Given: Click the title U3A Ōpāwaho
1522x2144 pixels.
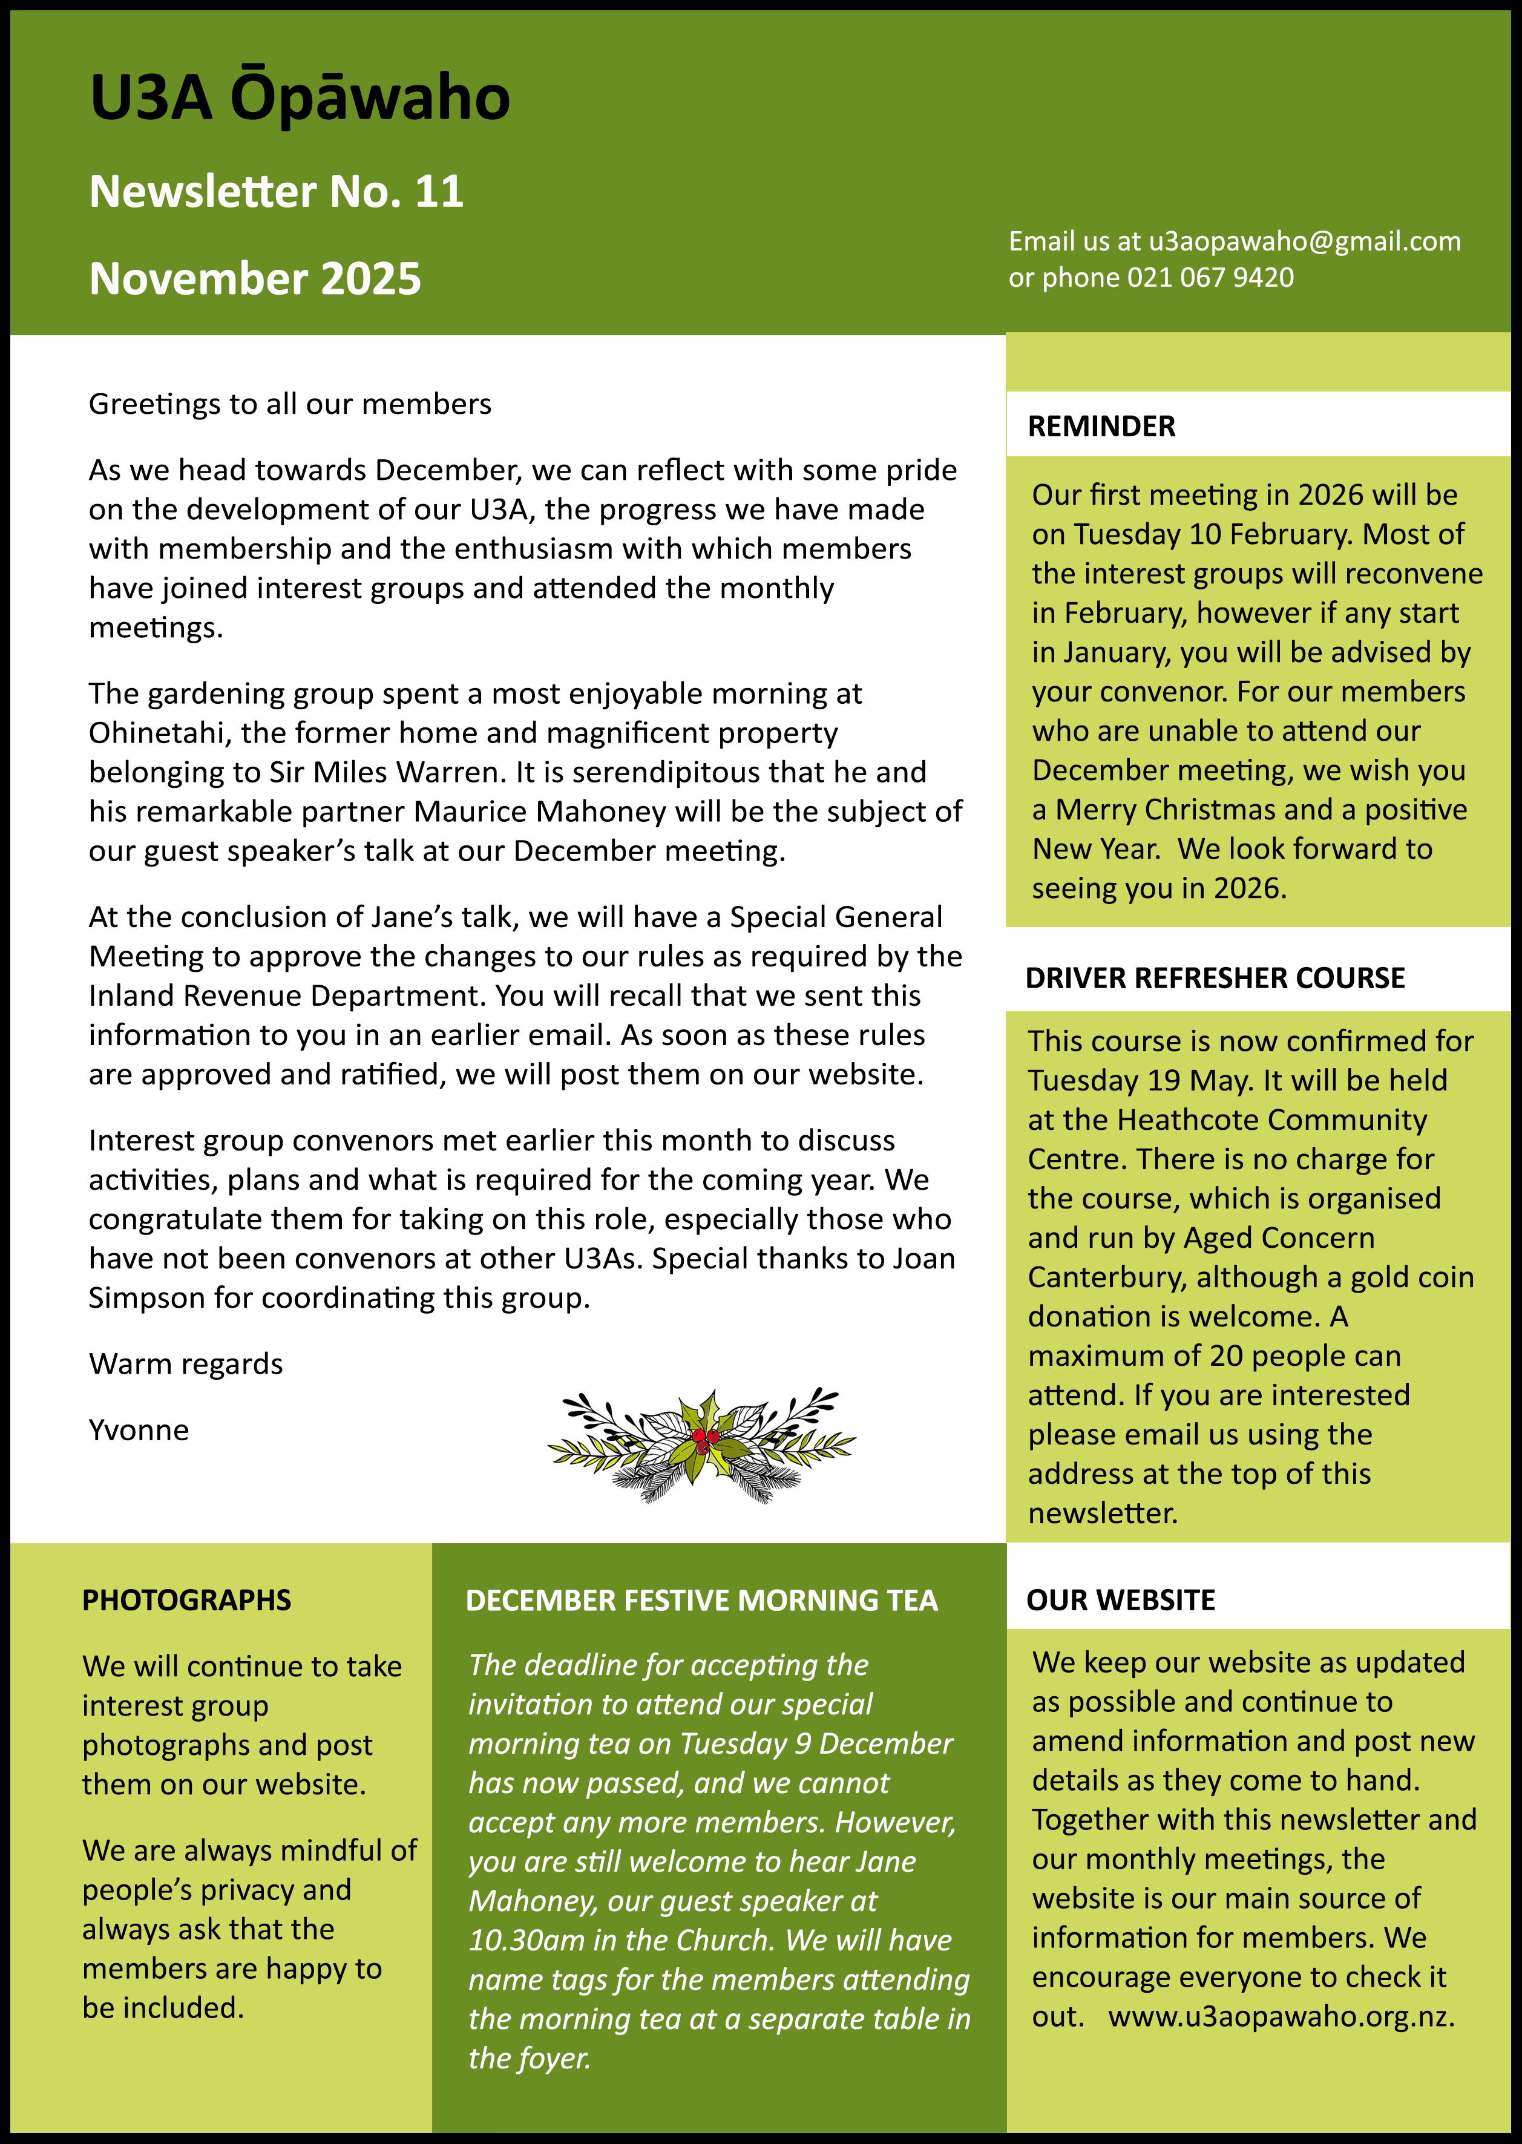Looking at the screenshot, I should click(300, 99).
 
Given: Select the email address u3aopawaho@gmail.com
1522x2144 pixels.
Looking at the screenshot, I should click(1305, 242).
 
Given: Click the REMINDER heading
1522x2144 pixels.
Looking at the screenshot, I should click(1101, 427).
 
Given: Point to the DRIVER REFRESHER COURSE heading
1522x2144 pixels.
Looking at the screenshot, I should click(1215, 979).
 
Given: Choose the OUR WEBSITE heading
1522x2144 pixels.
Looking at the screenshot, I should click(1120, 1599).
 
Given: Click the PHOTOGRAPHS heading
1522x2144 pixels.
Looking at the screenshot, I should click(186, 1599).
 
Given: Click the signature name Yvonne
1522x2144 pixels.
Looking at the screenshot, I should click(139, 1430).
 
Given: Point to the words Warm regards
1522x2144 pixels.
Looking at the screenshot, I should click(186, 1365).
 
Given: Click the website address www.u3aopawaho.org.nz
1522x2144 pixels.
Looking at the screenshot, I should click(1281, 2016).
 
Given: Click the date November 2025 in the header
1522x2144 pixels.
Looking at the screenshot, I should click(255, 279).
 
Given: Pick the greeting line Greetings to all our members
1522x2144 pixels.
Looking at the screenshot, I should click(290, 404).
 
